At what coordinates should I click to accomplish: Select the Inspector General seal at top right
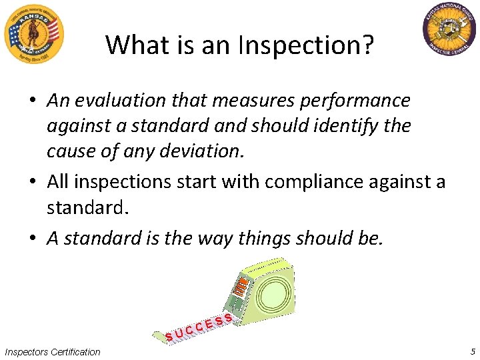pyautogui.click(x=449, y=30)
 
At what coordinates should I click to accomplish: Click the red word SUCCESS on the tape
pyautogui.click(x=200, y=326)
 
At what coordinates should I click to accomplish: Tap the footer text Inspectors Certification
pyautogui.click(x=52, y=351)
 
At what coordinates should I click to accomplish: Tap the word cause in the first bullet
pyautogui.click(x=69, y=151)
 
